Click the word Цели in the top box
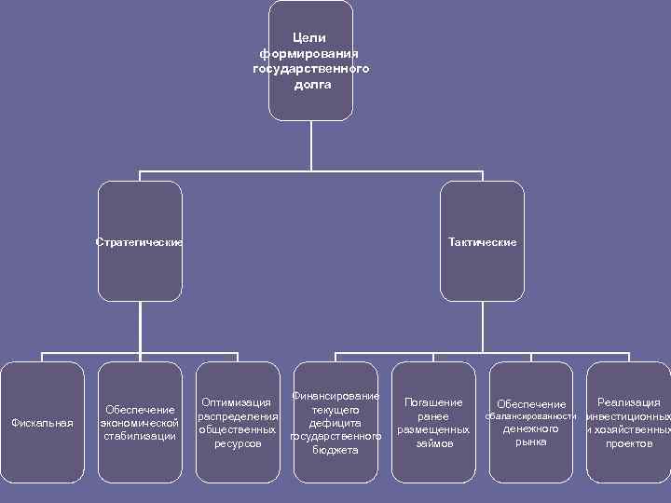click(309, 38)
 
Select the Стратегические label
click(140, 242)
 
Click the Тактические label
click(482, 242)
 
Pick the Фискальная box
click(42, 423)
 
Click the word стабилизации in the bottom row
click(140, 436)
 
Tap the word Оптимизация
click(237, 403)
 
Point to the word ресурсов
click(238, 444)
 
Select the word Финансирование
click(335, 396)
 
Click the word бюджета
click(335, 450)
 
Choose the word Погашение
click(433, 402)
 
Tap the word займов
click(434, 443)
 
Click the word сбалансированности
click(531, 416)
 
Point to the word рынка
click(531, 442)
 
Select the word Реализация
click(629, 402)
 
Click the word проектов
click(629, 443)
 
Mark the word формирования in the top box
click(309, 54)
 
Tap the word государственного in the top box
click(310, 69)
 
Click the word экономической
click(140, 423)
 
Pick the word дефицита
click(335, 423)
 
